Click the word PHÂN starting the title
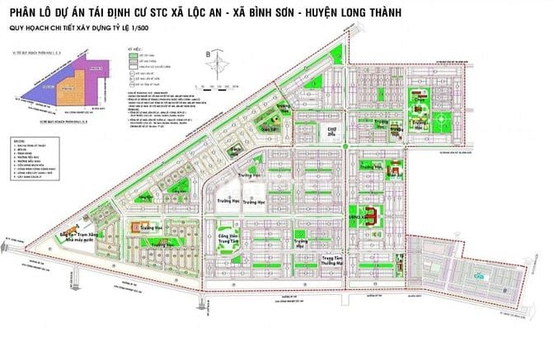click(31, 13)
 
